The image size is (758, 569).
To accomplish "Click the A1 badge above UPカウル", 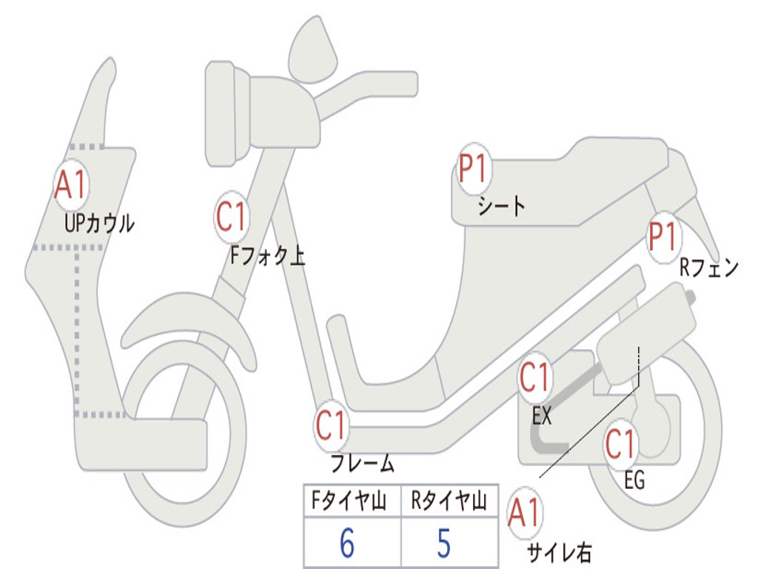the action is coord(72,184).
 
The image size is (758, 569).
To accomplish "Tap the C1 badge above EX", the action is coord(536,379).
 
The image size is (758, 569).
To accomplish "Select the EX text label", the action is coord(542,416).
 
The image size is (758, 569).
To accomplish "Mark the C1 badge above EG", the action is coord(620,444).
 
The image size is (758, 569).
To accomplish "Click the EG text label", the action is coord(634,481).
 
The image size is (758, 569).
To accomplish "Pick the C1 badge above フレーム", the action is coord(332,425).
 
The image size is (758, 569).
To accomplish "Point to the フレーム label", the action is coord(362,465).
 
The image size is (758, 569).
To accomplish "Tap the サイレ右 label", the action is coord(559,551).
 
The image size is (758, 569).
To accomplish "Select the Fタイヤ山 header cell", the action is coord(351,503).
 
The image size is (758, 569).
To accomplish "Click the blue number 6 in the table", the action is coord(346,544).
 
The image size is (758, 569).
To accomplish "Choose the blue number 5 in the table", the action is coord(443,544).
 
